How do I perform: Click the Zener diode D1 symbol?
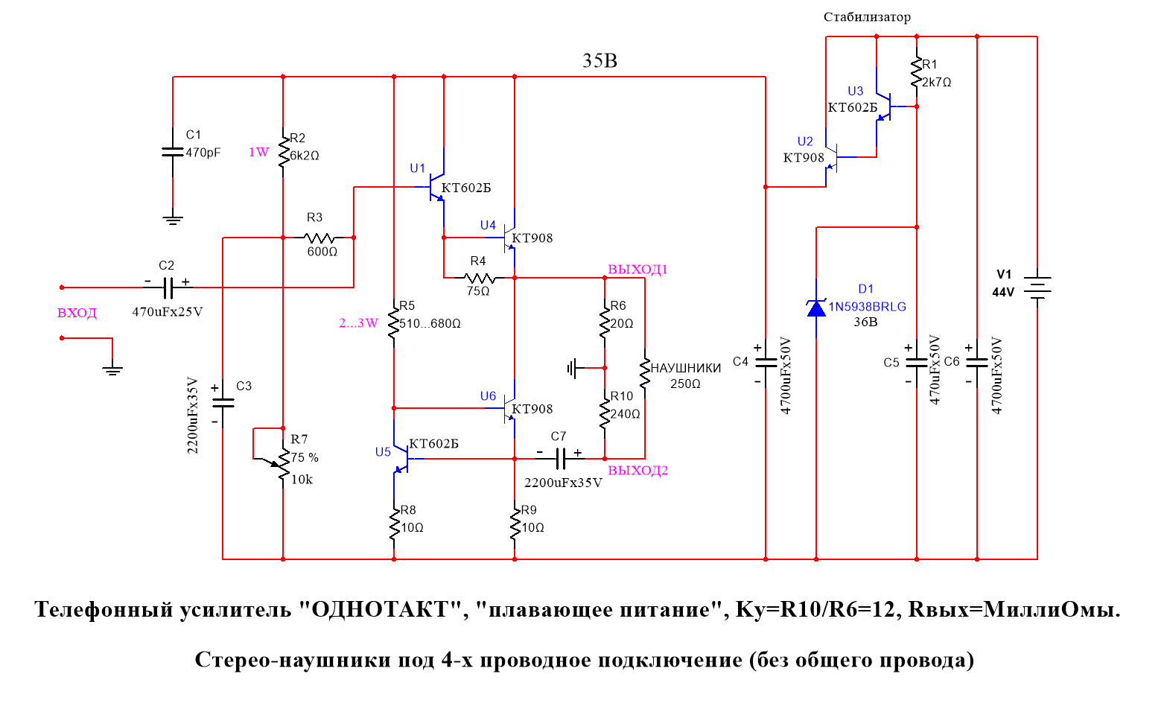[x=816, y=308]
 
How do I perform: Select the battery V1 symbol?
[x=1037, y=287]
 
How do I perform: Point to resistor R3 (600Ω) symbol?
[x=319, y=238]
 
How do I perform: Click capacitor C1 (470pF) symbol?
[x=173, y=151]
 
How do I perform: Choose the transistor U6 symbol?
[x=509, y=408]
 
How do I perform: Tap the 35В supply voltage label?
[x=600, y=61]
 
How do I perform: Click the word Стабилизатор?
[x=867, y=16]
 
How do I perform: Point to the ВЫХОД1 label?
[x=637, y=270]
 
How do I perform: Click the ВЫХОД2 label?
[x=637, y=471]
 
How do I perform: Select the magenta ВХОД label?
[x=77, y=313]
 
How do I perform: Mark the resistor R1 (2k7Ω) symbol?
[x=917, y=73]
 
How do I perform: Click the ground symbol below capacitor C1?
[x=173, y=220]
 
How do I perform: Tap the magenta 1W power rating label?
[x=258, y=152]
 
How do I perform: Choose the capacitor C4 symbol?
[x=766, y=362]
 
